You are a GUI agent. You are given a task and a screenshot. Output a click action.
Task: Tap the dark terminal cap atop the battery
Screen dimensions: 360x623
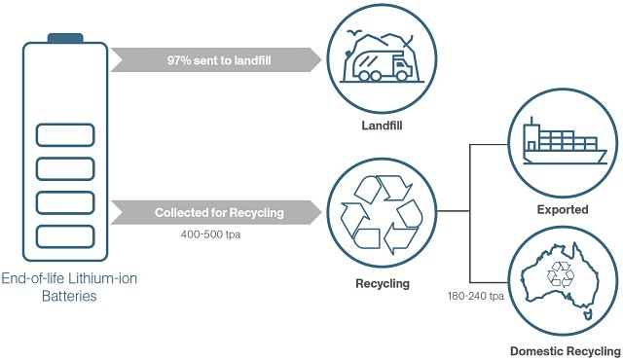coord(65,37)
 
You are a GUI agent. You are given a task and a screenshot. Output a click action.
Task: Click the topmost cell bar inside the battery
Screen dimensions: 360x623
coord(65,134)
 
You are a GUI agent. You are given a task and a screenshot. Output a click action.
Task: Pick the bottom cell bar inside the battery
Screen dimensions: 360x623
coord(65,235)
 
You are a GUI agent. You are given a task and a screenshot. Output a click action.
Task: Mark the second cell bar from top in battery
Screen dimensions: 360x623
coord(65,168)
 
